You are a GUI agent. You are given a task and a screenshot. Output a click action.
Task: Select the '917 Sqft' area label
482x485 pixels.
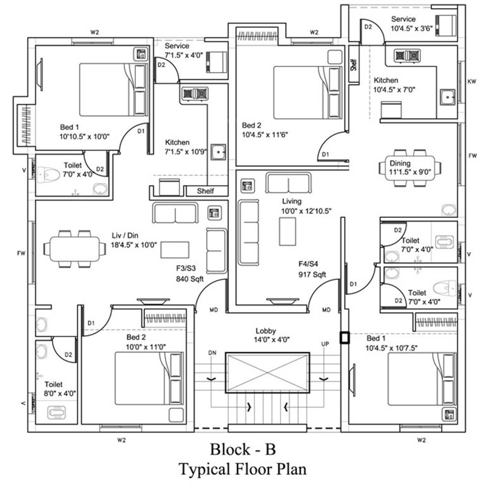[x=312, y=275]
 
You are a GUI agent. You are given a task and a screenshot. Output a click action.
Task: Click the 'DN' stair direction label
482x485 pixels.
[x=212, y=352]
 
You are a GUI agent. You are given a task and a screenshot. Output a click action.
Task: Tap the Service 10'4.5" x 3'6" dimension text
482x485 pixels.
[x=411, y=29]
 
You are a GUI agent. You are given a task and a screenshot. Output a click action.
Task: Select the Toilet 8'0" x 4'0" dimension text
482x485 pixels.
[x=60, y=393]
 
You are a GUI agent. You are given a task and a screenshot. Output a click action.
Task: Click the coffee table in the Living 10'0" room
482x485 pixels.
[x=291, y=231]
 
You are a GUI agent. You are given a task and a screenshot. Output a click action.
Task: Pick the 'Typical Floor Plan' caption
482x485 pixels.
[x=243, y=470]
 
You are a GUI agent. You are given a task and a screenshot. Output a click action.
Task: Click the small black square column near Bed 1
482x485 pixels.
[x=344, y=337]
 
